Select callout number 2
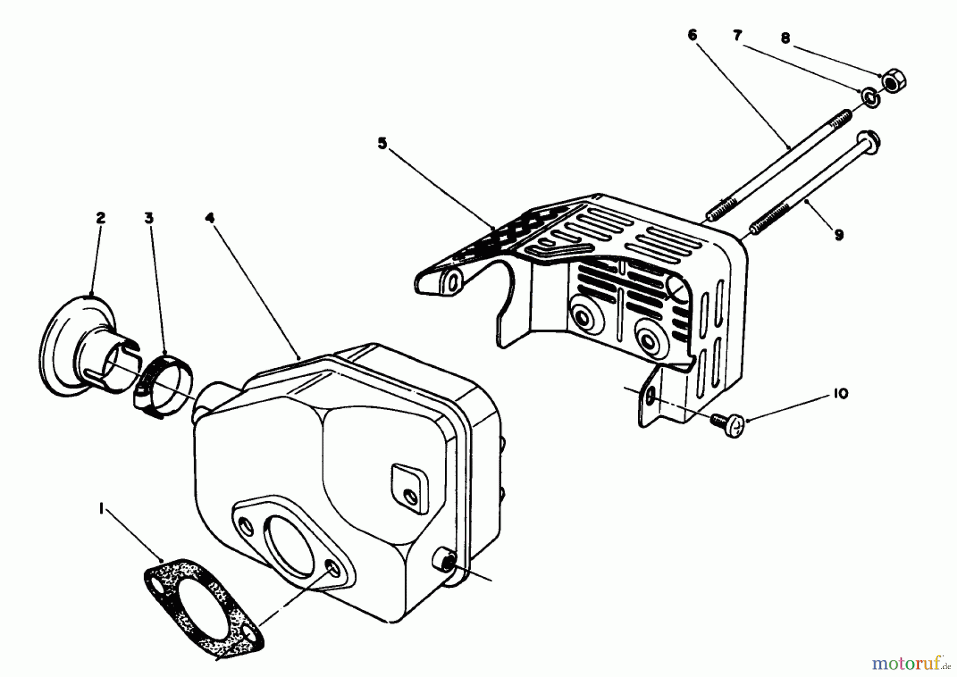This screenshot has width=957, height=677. [100, 218]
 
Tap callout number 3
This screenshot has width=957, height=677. [149, 218]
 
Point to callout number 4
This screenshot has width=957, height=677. [210, 218]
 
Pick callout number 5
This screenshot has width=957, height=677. [382, 144]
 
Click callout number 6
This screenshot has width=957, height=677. [692, 35]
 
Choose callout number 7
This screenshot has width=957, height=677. [737, 36]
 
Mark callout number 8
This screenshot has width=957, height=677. [785, 38]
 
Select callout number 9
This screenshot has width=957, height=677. [838, 235]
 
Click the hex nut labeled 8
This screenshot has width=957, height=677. [894, 81]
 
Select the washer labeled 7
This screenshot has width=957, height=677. [870, 98]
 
